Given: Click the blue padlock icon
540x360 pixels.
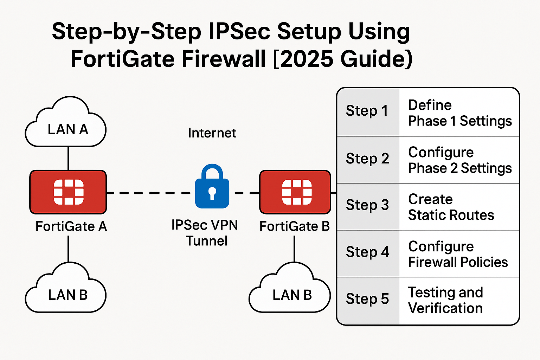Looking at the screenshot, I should [x=212, y=187].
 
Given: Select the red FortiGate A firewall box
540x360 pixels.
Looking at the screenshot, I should [x=68, y=192].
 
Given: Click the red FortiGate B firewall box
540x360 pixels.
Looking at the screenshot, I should [x=295, y=192].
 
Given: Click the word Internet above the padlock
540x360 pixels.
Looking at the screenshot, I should [x=212, y=133].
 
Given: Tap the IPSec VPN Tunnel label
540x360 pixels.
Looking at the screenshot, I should [x=205, y=233].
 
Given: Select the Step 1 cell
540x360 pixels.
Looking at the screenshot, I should [x=367, y=111].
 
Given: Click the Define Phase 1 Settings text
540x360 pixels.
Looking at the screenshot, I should [x=459, y=113].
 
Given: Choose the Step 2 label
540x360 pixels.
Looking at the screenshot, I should [x=367, y=159].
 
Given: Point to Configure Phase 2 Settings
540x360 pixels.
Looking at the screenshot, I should [x=459, y=160].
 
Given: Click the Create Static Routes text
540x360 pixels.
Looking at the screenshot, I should [x=451, y=207].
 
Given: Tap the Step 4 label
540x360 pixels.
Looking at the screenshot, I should [x=367, y=252].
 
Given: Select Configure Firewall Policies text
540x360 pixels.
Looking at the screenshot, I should [x=457, y=254].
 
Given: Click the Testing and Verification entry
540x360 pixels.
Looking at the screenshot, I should [x=445, y=300].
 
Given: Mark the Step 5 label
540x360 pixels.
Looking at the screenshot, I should [x=367, y=299].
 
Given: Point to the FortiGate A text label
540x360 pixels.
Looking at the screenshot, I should [x=71, y=226].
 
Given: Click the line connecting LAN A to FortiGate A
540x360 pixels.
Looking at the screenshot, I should [x=68, y=158].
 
